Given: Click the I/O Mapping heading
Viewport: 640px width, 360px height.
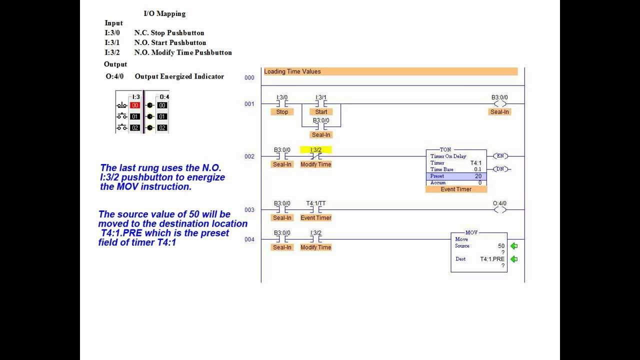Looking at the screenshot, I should pos(164,13).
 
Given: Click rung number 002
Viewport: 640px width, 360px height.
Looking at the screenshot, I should pos(249,156).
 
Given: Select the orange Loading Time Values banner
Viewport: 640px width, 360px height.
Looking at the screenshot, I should pos(390,71).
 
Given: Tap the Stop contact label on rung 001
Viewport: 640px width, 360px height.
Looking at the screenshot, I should pos(282,112).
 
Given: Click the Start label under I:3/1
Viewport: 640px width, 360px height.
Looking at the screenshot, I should pos(321,112).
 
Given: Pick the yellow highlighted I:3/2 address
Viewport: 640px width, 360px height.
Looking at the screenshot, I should pos(315,150).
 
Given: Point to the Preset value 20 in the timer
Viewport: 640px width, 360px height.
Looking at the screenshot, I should pos(478,176).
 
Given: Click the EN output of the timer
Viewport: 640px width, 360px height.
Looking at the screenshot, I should pos(499,156).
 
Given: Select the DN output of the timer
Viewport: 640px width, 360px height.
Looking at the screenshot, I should pos(499,169).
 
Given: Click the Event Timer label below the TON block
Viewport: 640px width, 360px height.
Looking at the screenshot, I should pos(456,189).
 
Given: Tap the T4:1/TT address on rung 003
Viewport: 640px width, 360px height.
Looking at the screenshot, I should pos(315,203).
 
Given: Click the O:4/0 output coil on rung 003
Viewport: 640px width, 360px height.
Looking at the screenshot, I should pos(499,209).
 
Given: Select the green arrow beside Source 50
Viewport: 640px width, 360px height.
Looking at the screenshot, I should pos(513,246).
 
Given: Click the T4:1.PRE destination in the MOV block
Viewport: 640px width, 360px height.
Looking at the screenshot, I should pos(492,259).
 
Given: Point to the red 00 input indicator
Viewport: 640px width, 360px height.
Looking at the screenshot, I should pos(134,105).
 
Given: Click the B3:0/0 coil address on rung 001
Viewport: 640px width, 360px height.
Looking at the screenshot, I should pos(499,97).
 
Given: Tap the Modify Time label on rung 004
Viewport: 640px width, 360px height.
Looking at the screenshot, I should pos(315,247).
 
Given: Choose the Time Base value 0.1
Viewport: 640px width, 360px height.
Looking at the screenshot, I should pos(477,169).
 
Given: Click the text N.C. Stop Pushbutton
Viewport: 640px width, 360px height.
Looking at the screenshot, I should pos(169,33).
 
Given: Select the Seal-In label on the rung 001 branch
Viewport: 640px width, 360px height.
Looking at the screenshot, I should pos(321,135).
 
